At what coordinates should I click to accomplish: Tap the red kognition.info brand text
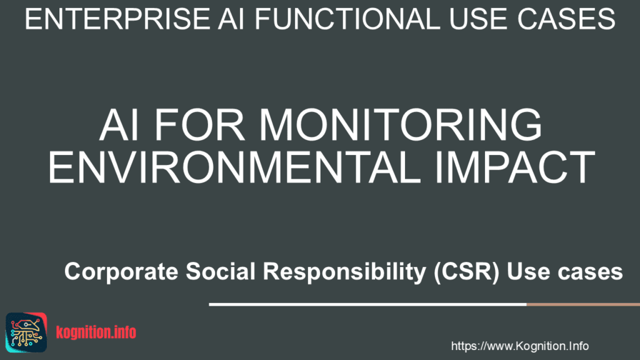96,332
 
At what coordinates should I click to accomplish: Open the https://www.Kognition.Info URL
519,346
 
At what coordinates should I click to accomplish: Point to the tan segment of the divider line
582,304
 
